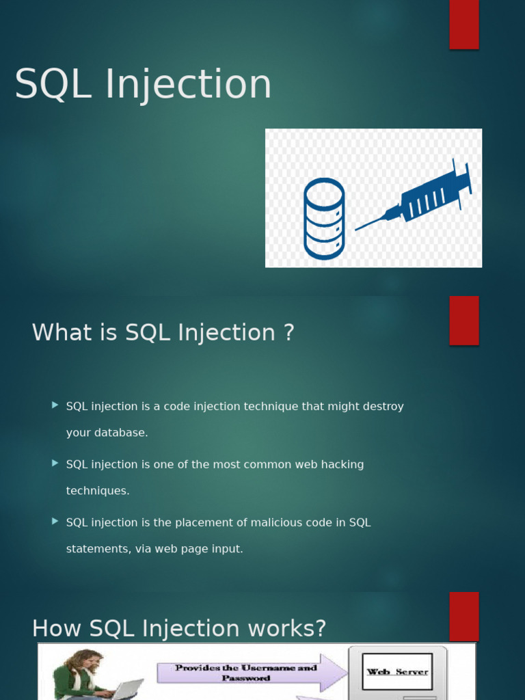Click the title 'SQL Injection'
[143, 84]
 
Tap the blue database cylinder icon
[324, 219]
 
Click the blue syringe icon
[414, 195]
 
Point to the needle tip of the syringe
[355, 230]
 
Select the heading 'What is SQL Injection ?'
[163, 333]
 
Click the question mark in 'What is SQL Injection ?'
[289, 333]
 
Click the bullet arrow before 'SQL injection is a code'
[55, 405]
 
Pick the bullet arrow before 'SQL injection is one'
[55, 463]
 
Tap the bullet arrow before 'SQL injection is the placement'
[55, 521]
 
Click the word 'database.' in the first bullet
[121, 433]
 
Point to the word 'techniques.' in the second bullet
[98, 491]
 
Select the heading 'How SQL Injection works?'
[179, 629]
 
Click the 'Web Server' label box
[397, 671]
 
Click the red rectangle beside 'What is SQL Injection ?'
[464, 321]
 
